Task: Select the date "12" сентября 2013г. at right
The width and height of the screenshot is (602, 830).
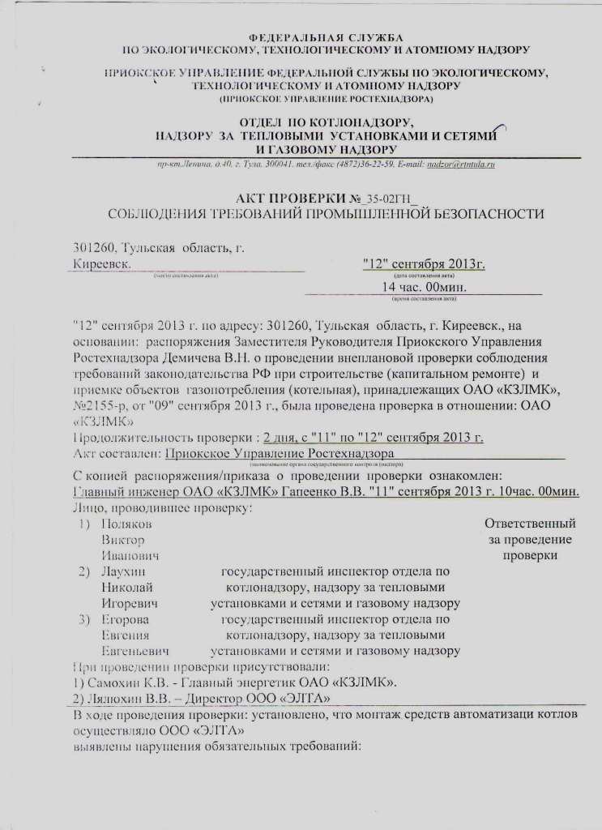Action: (424, 264)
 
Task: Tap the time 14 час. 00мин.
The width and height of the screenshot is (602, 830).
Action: (423, 287)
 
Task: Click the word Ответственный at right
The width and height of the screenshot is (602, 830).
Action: (530, 524)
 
